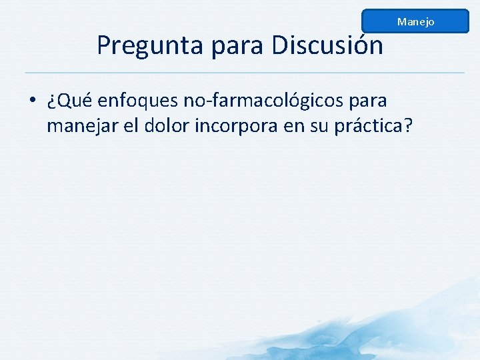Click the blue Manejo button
coord(415,21)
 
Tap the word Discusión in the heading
coord(327,45)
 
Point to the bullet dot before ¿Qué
coord(32,101)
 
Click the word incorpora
coord(237,125)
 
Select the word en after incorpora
coord(294,125)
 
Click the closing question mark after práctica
coord(407,125)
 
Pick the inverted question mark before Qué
coord(51,102)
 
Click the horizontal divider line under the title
coord(244,72)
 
